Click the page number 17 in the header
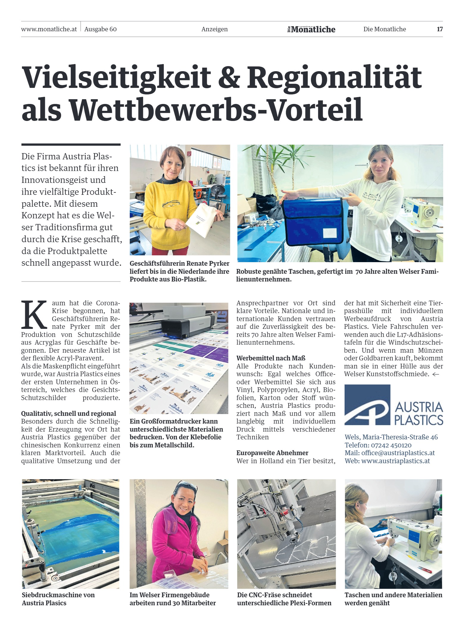pyautogui.click(x=440, y=29)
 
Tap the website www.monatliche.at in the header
pyautogui.click(x=49, y=29)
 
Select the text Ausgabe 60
pyautogui.click(x=101, y=29)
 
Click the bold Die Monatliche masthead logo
pyautogui.click(x=311, y=29)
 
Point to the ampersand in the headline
pyautogui.click(x=229, y=77)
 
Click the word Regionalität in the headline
pyautogui.click(x=334, y=77)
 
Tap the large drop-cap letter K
pyautogui.click(x=34, y=315)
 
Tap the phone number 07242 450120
pyautogui.click(x=391, y=445)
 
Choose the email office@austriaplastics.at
pyautogui.click(x=398, y=453)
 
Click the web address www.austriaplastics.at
pyautogui.click(x=396, y=461)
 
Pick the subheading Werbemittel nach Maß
pyautogui.click(x=271, y=358)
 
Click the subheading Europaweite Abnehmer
pyautogui.click(x=272, y=453)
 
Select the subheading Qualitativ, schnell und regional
pyautogui.click(x=68, y=413)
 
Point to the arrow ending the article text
pyautogui.click(x=436, y=374)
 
